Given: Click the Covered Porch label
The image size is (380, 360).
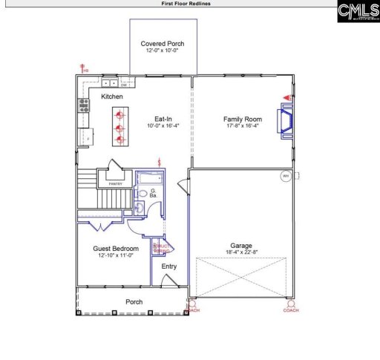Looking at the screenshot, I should pos(163,44).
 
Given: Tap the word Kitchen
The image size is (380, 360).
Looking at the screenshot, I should pos(112,96).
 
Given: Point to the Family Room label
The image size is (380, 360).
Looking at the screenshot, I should pos(243,119).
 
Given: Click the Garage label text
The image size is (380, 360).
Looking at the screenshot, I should pos(240,246).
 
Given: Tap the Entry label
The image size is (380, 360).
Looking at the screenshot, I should pos(169,266).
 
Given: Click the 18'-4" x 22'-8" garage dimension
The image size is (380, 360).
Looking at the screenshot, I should pos(240,253).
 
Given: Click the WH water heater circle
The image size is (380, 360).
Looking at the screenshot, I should pos(285,177).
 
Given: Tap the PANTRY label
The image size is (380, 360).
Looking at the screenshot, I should pos(115,183).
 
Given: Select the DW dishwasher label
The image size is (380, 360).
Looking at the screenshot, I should pos(124,85).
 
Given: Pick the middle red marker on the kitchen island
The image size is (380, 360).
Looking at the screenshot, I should pos(118,127).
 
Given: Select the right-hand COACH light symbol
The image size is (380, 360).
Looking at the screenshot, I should pos(291,304).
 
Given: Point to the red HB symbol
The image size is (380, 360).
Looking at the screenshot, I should pos(82,68).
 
